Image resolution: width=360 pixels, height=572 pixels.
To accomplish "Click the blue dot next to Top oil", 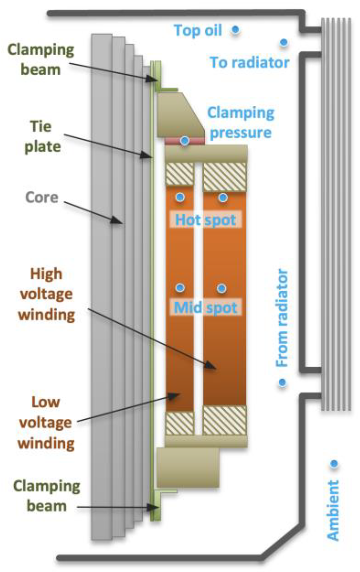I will (235, 30).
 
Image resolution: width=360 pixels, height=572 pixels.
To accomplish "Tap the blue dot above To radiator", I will (284, 42).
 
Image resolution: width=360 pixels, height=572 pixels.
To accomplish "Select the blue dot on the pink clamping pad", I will (185, 141).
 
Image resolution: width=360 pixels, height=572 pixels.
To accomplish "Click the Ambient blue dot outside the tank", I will (334, 464).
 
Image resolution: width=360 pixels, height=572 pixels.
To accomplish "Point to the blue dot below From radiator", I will (282, 382).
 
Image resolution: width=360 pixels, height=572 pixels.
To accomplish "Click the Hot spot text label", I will (206, 220).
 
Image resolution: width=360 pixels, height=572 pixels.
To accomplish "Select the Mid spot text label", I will (206, 307).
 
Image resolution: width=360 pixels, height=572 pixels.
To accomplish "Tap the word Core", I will (42, 197).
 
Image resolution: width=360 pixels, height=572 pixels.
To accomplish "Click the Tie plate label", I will (42, 137).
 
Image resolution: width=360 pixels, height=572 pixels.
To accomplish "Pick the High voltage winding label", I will (46, 294).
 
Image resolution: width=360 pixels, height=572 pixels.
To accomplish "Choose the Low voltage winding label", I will (46, 423).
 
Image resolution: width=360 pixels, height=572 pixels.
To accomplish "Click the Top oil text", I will (198, 30).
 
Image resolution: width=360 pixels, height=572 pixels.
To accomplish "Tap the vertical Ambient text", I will (333, 510).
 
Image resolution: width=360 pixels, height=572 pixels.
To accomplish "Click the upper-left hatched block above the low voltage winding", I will (179, 174).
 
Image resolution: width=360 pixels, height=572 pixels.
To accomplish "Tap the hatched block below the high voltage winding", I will (224, 420).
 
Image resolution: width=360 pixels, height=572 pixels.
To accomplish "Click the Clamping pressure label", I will (241, 123).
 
